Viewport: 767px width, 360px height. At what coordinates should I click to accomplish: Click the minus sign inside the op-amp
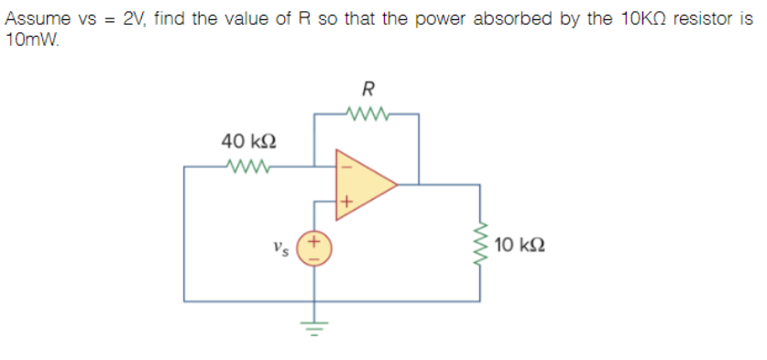pos(345,167)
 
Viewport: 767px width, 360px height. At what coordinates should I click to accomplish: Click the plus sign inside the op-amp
pos(345,201)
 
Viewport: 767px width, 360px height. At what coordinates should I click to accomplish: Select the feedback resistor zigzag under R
pos(367,115)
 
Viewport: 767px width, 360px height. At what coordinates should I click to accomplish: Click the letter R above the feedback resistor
pos(368,89)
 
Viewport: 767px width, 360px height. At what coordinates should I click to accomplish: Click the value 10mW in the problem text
pos(28,39)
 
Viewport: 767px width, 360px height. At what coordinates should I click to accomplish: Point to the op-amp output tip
pos(396,184)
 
